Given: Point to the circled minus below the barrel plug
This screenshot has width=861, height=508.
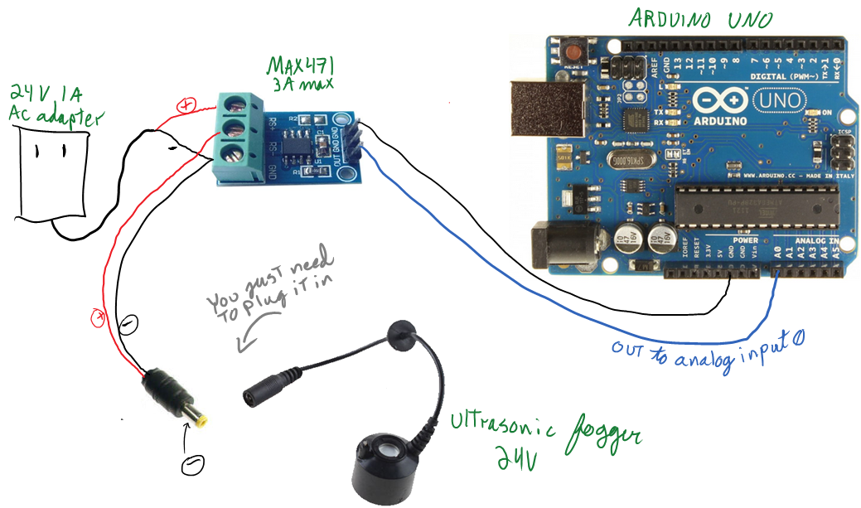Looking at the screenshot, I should (192, 463).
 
